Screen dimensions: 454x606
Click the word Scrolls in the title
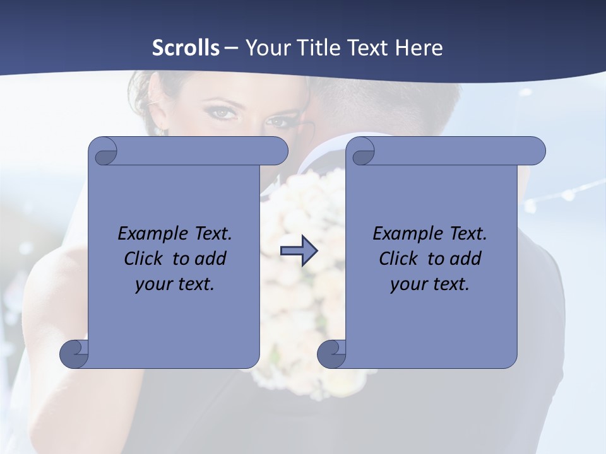click(186, 48)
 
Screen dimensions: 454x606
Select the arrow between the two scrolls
click(299, 251)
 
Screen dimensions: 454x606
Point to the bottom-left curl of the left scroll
click(74, 354)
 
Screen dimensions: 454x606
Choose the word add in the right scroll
click(466, 259)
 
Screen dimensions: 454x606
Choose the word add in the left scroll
click(211, 259)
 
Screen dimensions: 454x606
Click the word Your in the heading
click(264, 48)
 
